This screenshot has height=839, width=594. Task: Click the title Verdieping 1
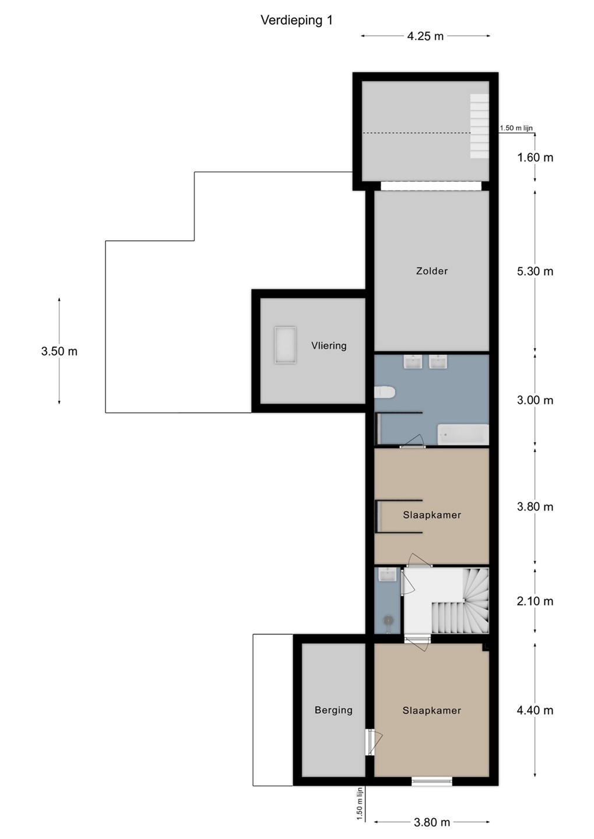(297, 20)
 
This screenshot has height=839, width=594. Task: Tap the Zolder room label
(432, 271)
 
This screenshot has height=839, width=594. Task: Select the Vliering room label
(329, 346)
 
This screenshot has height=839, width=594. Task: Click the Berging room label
(333, 710)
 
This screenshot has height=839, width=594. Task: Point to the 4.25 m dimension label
(426, 36)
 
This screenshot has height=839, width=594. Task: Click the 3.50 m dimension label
(59, 351)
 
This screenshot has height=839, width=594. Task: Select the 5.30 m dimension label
(535, 271)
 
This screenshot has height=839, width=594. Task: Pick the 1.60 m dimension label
(535, 157)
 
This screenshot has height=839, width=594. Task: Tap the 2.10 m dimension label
(535, 601)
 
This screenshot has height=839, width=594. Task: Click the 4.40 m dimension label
(535, 710)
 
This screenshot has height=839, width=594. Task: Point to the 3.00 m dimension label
(535, 400)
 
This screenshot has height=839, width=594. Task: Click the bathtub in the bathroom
(463, 435)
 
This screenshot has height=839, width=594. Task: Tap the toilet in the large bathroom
(385, 393)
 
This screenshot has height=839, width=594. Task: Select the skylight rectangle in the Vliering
(285, 345)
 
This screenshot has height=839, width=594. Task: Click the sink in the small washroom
(386, 574)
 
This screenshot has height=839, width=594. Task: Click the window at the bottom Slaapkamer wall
(432, 781)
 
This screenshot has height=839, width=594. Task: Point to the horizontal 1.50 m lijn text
(516, 128)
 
